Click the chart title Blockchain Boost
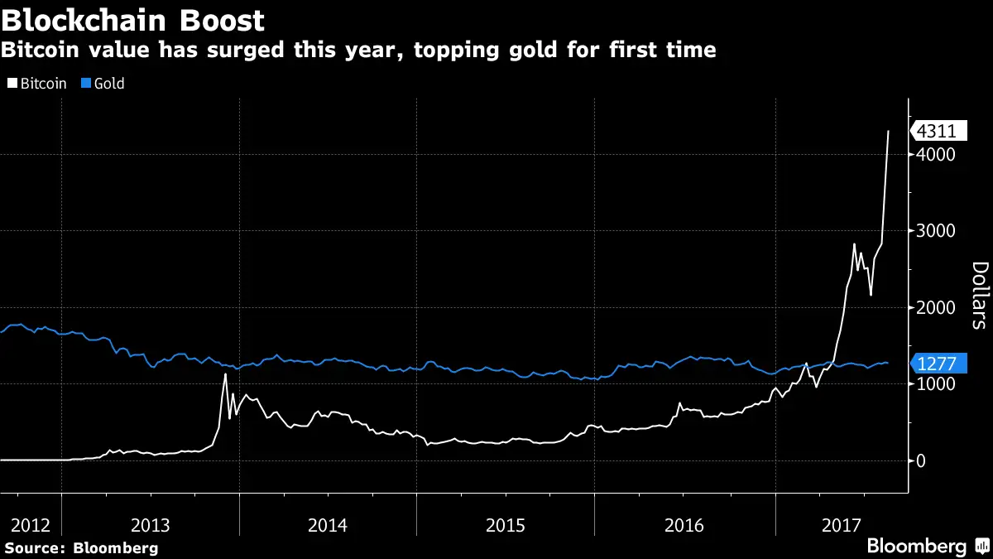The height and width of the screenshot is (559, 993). [133, 19]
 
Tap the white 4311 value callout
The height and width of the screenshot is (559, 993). [938, 131]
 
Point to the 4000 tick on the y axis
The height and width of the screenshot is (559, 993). [935, 155]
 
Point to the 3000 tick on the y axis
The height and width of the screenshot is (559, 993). [935, 231]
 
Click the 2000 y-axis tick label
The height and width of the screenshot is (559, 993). [935, 308]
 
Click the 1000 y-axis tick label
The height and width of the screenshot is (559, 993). [935, 384]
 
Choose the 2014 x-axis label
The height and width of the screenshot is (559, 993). [327, 525]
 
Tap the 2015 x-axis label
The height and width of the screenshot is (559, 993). [505, 525]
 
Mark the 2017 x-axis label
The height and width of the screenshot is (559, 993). [842, 525]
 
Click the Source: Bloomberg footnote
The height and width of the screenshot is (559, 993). [81, 547]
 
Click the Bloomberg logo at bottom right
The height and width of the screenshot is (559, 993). [927, 547]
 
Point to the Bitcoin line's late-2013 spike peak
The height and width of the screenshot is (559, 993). [225, 374]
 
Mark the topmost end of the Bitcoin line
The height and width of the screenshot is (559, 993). [889, 131]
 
